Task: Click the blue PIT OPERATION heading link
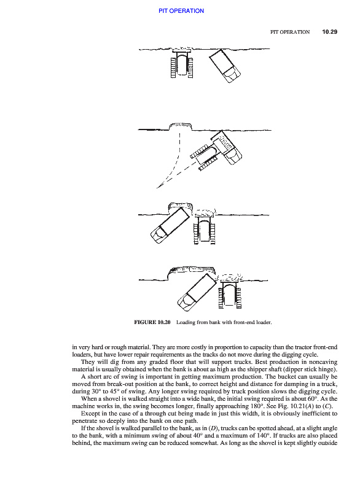(x=181, y=11)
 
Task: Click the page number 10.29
(x=330, y=32)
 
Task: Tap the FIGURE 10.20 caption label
(x=152, y=322)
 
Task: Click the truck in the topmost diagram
(x=225, y=66)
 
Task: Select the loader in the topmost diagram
(x=182, y=63)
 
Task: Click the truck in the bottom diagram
(x=197, y=293)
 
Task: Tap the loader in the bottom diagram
(x=230, y=292)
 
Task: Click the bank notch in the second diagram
(x=181, y=126)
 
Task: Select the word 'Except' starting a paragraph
(x=90, y=413)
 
